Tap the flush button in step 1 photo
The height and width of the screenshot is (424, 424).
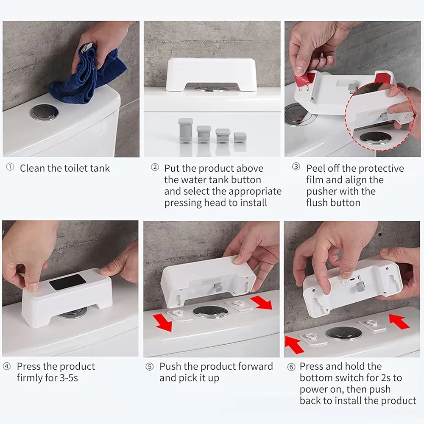[x=45, y=113]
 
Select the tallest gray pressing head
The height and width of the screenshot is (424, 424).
[x=186, y=130]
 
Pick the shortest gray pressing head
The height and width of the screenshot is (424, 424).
[x=240, y=137]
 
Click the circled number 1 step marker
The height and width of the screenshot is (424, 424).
[x=10, y=167]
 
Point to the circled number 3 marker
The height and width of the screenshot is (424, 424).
[x=296, y=167]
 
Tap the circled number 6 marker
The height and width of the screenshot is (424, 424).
[x=291, y=367]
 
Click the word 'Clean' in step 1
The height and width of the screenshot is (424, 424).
[x=32, y=168]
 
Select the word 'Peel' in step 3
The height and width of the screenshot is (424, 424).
[x=316, y=168]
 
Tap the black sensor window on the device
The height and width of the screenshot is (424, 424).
[x=67, y=282]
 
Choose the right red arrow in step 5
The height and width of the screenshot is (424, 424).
[x=261, y=303]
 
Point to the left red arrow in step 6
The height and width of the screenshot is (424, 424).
[x=295, y=344]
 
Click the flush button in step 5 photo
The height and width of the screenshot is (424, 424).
[x=210, y=312]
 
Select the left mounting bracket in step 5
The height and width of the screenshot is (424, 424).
[x=179, y=315]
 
